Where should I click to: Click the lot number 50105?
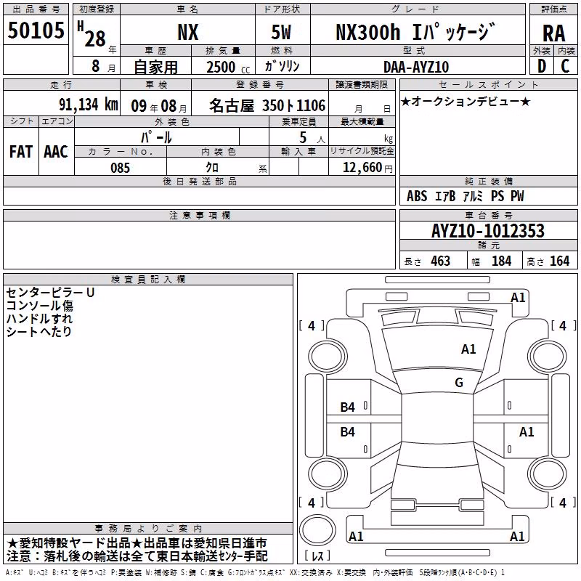coord(36,31)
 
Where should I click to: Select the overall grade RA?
coord(553,33)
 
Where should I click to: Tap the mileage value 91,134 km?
coord(89,105)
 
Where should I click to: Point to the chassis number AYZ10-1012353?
coord(488,231)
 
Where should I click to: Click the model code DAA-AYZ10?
coord(416,67)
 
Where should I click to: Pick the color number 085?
coord(120,168)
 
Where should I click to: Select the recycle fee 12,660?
coord(362,168)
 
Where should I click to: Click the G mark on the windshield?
coord(459,382)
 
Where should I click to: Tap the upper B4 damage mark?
coord(347,407)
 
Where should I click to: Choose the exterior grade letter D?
coord(542,66)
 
